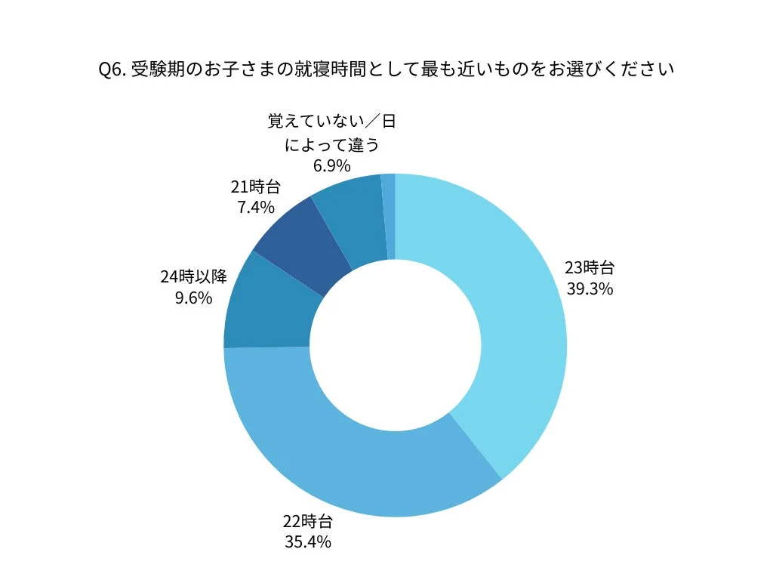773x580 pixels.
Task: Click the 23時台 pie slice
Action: click(513, 317)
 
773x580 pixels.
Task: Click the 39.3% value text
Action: click(590, 288)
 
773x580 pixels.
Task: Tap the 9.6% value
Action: click(193, 298)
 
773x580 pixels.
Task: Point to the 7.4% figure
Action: click(256, 207)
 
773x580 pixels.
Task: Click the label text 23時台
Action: click(590, 267)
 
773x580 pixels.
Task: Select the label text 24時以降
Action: click(193, 277)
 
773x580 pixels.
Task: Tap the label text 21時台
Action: click(256, 187)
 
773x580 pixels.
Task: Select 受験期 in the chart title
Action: click(156, 70)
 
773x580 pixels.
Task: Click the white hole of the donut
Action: click(395, 345)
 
